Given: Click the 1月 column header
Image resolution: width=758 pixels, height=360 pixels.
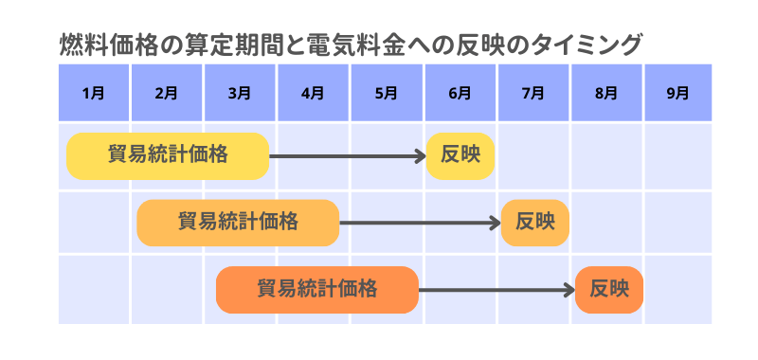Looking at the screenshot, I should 94,93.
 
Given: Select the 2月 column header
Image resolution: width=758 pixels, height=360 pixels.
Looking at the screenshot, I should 167,93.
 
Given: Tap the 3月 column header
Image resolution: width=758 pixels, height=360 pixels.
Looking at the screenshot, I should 240,93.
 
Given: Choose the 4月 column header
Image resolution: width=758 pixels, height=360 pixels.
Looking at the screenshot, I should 313,93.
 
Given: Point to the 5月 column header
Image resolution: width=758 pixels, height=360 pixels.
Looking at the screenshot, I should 387,93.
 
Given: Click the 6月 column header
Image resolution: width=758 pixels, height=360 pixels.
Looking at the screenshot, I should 460,93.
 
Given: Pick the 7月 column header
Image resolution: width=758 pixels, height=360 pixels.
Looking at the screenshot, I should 532,93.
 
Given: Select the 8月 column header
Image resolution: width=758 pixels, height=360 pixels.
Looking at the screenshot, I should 606,93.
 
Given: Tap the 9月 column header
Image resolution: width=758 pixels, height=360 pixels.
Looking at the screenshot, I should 678,93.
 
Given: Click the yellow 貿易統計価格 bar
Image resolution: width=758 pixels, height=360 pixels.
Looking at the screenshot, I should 168,155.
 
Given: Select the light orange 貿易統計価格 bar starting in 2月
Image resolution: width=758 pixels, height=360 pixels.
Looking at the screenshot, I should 238,223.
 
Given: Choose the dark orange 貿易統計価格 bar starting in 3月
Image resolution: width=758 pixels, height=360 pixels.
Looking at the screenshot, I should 317,289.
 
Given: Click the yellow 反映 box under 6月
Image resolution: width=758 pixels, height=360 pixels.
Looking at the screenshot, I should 460,155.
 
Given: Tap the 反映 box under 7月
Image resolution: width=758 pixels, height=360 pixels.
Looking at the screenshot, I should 534,223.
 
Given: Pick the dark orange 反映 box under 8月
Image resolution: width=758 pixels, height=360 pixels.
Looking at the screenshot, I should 608,289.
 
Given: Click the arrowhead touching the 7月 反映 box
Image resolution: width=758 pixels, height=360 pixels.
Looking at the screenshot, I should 495,223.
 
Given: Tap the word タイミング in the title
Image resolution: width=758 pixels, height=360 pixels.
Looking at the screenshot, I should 589,45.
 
